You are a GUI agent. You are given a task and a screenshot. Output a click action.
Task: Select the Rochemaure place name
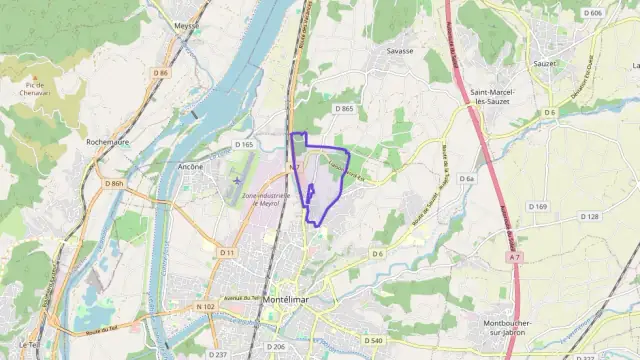tap(111, 142)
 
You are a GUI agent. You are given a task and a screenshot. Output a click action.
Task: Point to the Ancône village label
tap(190, 166)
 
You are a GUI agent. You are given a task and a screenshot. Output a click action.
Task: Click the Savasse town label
tap(399, 49)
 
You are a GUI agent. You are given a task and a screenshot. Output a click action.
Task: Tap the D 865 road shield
tap(346, 109)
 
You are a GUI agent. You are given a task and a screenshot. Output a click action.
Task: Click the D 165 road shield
tap(245, 145)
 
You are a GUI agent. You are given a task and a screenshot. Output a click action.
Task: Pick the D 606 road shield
tap(592, 13)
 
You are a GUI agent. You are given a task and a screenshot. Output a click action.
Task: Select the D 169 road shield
tap(538, 206)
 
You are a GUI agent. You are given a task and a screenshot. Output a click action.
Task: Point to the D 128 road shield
tap(589, 216)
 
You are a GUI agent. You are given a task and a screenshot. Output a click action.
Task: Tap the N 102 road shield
tap(206, 306)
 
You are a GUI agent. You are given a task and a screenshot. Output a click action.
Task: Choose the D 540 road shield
tap(372, 340)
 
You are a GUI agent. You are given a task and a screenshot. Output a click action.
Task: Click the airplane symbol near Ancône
tap(235, 180)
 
